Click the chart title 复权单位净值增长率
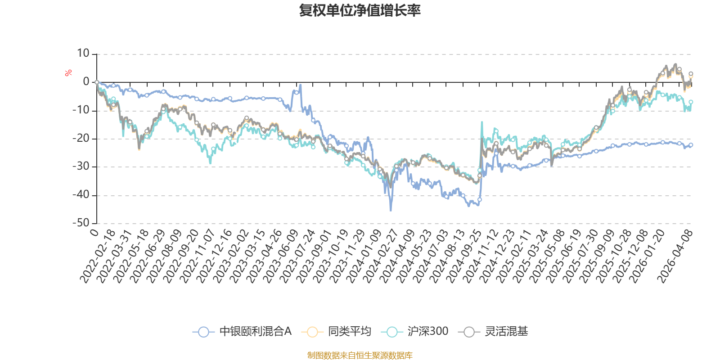click(360, 10)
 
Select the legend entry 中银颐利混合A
click(242, 331)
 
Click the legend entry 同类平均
click(336, 331)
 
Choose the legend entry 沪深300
click(414, 331)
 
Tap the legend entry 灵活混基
click(493, 331)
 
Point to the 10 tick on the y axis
click(83, 54)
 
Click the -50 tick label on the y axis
click(81, 223)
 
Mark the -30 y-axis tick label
click(81, 166)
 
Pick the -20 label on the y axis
click(81, 138)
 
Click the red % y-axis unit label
click(68, 73)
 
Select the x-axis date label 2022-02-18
click(97, 256)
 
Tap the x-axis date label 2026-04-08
click(675, 256)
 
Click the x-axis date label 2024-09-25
click(464, 256)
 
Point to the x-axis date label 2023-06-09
click(281, 256)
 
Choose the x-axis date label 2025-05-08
click(547, 256)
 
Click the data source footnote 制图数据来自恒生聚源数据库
click(360, 355)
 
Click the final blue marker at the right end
click(691, 145)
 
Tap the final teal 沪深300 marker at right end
click(691, 102)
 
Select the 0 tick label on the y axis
click(86, 81)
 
